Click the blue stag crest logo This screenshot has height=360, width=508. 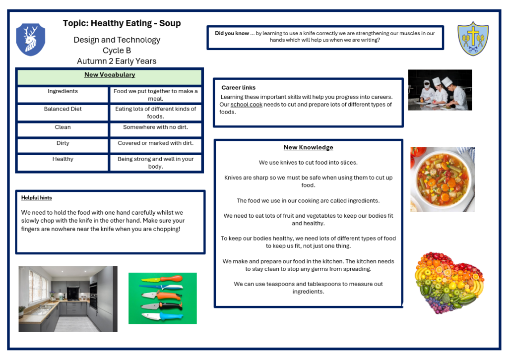point(31,40)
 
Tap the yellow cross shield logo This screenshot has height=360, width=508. point(473,38)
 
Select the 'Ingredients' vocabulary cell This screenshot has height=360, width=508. point(63,92)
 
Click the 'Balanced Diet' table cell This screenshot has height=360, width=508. point(63,109)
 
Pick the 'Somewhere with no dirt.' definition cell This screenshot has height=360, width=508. point(155,127)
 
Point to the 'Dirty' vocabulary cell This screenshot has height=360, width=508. point(63,143)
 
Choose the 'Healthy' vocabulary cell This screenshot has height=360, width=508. point(63,160)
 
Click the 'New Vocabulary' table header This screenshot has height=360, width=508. point(110,75)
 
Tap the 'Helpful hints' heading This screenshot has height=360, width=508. point(37,198)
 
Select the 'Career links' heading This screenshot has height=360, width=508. point(239,88)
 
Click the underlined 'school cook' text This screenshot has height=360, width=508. point(247,105)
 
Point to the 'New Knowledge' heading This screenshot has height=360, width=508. point(308,147)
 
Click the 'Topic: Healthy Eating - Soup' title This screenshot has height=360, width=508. point(122,23)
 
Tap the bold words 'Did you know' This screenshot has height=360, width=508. point(232,34)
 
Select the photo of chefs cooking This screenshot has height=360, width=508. point(440,90)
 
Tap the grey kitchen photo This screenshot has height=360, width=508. point(68,299)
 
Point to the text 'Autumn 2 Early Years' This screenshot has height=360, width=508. point(117,61)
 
